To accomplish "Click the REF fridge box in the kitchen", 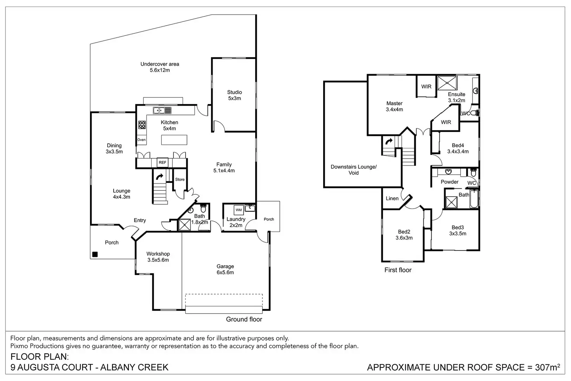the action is point(163,163).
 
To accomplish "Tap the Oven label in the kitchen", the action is point(142,140).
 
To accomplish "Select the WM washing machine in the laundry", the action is point(239,210).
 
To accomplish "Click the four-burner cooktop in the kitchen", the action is point(142,125).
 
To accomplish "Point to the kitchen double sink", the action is point(162,111).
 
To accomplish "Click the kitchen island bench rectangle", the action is point(174,140).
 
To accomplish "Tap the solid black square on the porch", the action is point(95,254).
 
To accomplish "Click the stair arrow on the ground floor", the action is point(159,176).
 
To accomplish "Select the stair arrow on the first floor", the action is point(389,141).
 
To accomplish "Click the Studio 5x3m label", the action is point(235,95).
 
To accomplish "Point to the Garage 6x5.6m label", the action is point(225,269).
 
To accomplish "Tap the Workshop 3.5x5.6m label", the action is point(158,257).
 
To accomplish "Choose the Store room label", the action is point(180,179).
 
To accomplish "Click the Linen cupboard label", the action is point(392,198).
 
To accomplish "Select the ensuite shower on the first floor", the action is point(447,83).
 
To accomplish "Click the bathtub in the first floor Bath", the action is point(474,199).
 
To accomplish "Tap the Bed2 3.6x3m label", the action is point(404,235).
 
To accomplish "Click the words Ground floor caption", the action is point(244,319).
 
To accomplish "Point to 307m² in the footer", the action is point(548,367).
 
